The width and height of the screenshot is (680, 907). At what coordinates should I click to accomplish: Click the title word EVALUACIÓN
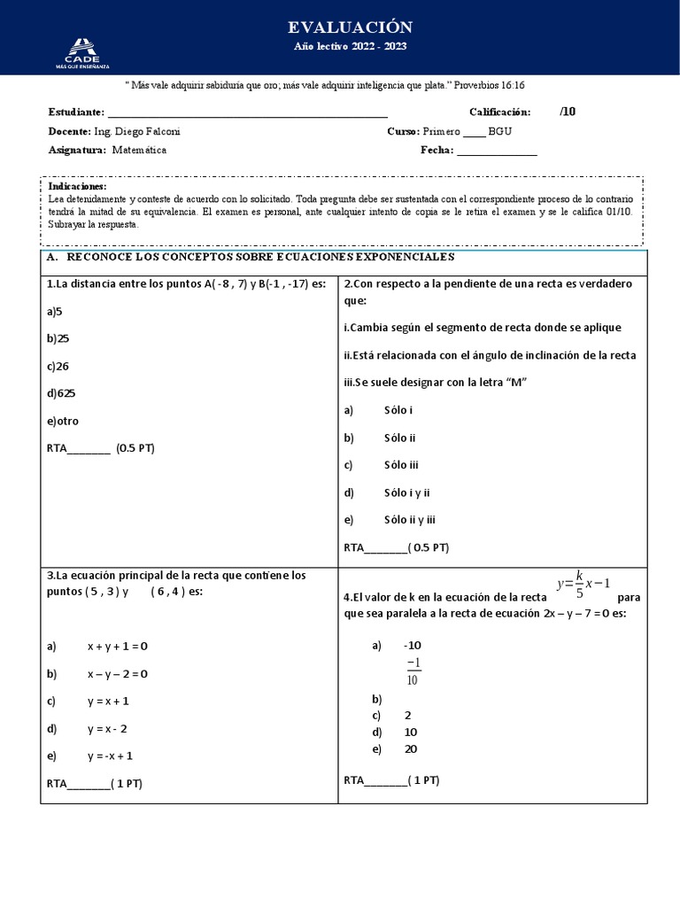339,27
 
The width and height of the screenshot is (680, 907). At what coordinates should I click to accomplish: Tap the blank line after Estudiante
247,113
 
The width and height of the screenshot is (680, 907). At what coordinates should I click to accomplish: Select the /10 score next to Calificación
568,112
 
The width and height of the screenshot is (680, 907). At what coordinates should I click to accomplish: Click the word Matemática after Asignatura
139,150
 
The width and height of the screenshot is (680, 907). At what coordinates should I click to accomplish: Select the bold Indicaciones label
77,187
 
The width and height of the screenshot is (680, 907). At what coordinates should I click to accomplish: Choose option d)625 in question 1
61,393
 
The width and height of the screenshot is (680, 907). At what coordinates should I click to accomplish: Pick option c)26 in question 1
58,366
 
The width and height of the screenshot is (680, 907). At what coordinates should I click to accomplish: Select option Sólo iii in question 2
401,465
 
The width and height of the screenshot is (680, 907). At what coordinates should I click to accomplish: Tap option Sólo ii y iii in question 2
409,520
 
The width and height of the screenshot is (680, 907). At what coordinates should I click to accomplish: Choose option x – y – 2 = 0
117,674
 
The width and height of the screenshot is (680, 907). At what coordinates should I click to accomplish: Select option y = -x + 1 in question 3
111,756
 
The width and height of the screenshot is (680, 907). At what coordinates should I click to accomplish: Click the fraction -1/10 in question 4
413,671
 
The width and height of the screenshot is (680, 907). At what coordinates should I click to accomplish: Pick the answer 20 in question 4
410,749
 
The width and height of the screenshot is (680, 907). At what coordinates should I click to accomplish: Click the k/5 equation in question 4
583,585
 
